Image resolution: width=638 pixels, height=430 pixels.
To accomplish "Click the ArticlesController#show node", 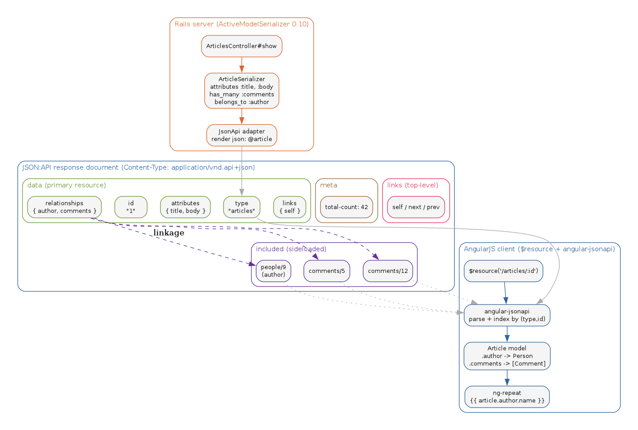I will point(241,46).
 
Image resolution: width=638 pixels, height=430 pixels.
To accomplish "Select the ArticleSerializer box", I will point(241,91).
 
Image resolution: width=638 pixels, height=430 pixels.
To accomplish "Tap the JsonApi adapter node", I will point(241,135).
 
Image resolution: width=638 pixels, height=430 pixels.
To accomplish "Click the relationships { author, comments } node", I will point(64,207).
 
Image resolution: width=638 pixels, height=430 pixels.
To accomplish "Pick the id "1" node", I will point(131,207).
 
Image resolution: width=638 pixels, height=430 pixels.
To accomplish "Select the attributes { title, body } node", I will point(185,207).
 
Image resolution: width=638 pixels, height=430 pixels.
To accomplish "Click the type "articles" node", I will point(241,207).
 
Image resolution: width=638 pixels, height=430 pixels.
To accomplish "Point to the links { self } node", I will point(289,207).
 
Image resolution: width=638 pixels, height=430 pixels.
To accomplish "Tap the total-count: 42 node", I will point(346,207).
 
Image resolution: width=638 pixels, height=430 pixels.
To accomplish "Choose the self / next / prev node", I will point(416,207).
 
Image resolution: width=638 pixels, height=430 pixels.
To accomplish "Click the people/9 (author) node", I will point(273,271).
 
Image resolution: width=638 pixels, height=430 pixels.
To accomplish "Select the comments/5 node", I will point(326,271).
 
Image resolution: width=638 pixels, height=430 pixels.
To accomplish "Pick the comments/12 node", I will point(387,271).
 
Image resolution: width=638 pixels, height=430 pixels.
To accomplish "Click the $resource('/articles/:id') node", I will point(503,271).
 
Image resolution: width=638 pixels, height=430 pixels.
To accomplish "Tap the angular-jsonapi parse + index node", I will point(506,315).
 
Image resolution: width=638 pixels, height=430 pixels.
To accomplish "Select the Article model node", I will point(506,356).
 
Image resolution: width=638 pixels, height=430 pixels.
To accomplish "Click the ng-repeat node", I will point(506,397).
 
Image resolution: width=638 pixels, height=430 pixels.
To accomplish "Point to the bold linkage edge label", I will point(168,233).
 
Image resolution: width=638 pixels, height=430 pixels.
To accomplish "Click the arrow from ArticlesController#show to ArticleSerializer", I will point(241,65).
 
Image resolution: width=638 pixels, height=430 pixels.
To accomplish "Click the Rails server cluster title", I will point(241,24).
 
